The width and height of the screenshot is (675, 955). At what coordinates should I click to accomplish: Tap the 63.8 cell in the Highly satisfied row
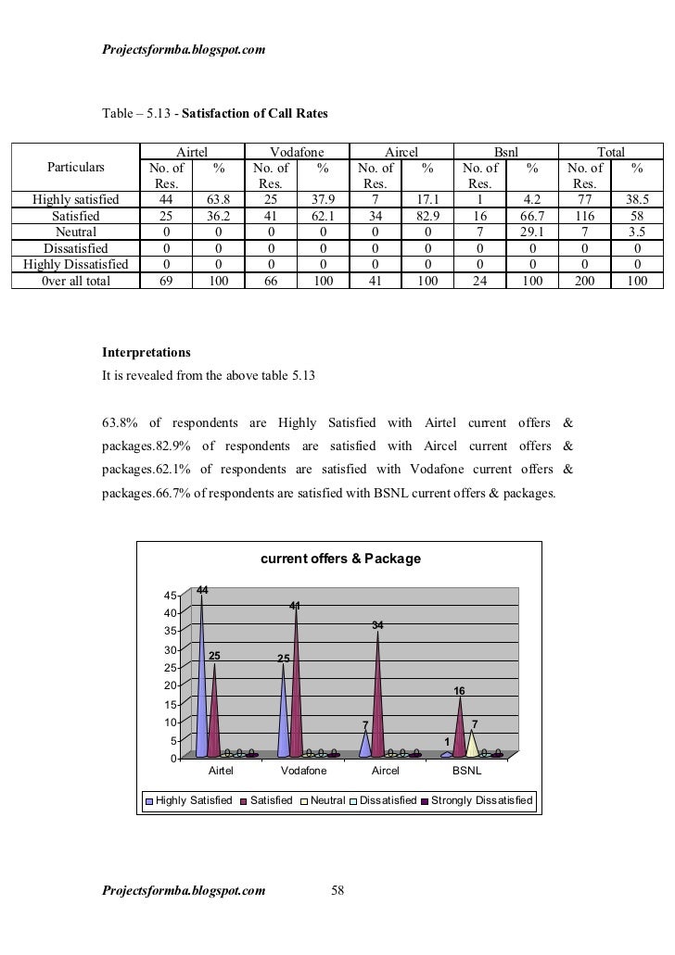tap(218, 199)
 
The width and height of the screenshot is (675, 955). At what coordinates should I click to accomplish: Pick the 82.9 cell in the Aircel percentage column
tap(427, 216)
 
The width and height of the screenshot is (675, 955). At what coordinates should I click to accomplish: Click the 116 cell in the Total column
tap(584, 216)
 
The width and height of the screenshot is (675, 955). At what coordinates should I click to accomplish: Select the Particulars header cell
tap(77, 168)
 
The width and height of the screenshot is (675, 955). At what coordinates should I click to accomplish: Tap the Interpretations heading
tap(146, 354)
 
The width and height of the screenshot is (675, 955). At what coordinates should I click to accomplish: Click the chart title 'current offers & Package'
tap(340, 559)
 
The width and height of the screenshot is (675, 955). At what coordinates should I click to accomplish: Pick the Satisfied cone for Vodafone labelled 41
tap(296, 685)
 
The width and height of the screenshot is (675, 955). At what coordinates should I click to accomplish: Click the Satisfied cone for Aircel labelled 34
tap(377, 695)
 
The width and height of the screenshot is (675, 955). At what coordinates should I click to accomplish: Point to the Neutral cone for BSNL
tap(472, 744)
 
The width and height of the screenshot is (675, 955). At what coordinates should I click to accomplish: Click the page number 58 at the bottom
tap(337, 891)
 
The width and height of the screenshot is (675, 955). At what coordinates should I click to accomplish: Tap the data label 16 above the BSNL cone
tap(459, 692)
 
